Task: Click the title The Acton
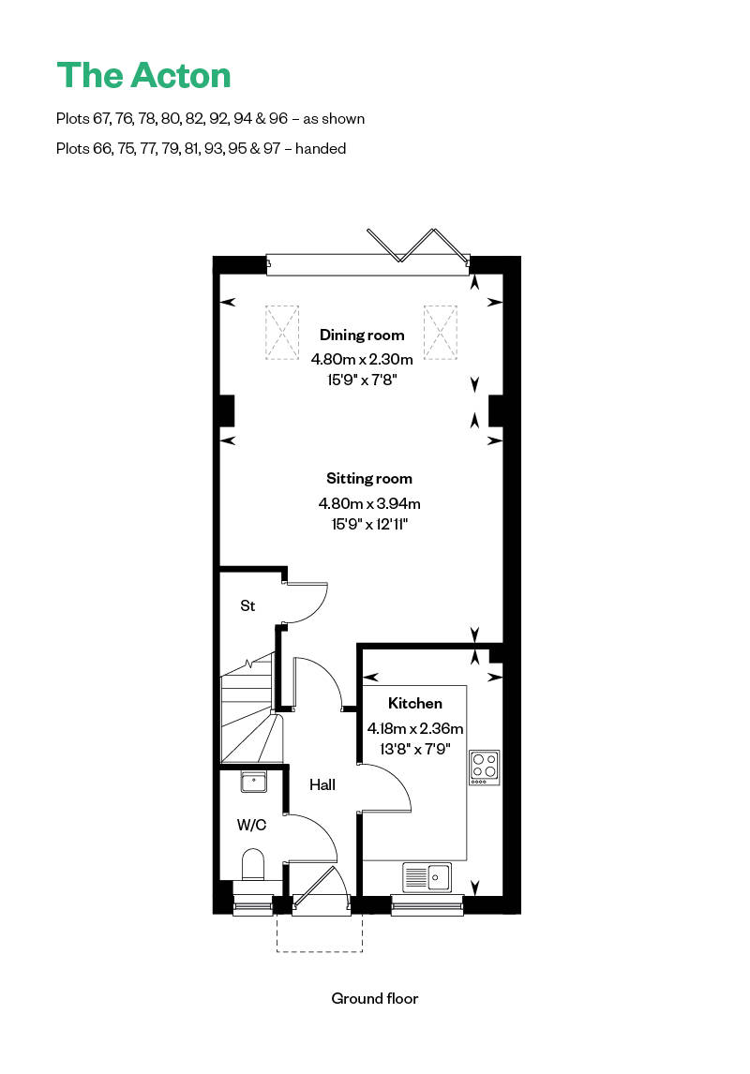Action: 143,76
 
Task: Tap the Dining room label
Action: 362,336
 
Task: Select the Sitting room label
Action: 369,479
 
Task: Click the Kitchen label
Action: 415,704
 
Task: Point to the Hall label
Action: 322,784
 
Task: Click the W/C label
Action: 250,826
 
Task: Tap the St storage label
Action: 247,606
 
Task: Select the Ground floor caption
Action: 375,998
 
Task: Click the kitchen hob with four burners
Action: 485,766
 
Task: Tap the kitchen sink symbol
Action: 427,877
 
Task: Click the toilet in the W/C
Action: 253,864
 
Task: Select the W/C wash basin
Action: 253,781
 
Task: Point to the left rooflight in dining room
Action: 280,332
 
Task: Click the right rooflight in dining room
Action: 439,332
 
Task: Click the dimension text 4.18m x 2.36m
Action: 415,728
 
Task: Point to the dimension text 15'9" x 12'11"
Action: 369,524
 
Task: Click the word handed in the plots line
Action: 321,148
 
